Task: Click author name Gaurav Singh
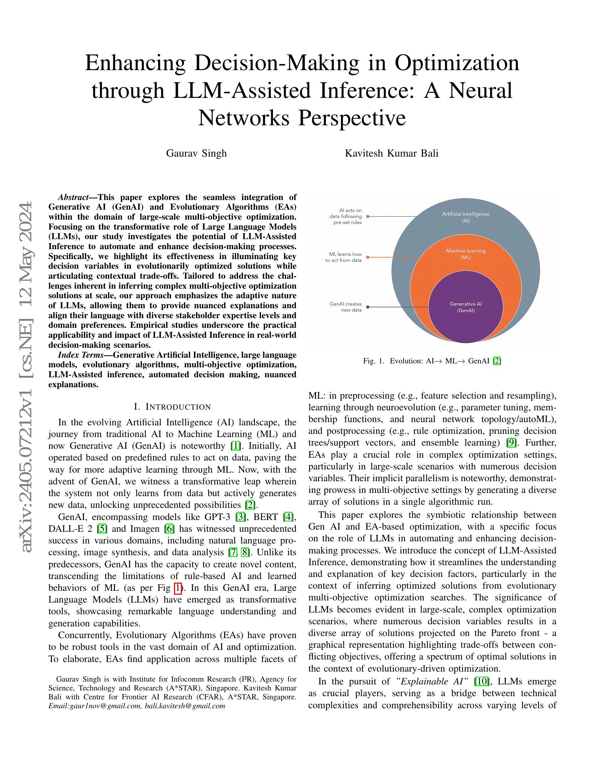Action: (196, 153)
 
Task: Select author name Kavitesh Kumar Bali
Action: (391, 153)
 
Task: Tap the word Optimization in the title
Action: (457, 63)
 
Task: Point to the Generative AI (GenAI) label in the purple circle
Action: (465, 307)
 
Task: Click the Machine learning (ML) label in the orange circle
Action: (465, 254)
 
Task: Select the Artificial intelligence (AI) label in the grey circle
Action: (465, 217)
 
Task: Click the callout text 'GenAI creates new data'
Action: (346, 307)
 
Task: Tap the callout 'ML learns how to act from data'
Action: (343, 257)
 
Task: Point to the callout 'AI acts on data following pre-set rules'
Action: (346, 216)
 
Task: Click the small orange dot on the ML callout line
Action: (368, 257)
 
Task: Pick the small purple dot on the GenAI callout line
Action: (368, 307)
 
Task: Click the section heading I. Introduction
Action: (172, 406)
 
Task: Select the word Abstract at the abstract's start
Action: (73, 197)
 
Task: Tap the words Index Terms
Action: (81, 355)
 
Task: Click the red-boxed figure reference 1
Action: (178, 588)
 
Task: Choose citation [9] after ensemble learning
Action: (511, 443)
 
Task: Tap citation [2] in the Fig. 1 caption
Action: (497, 361)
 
